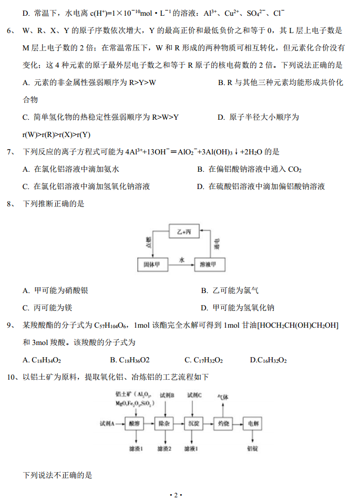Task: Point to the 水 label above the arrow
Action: click(182, 260)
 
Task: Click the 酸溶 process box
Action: click(135, 423)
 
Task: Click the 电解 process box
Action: click(253, 423)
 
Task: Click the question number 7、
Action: click(13, 152)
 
